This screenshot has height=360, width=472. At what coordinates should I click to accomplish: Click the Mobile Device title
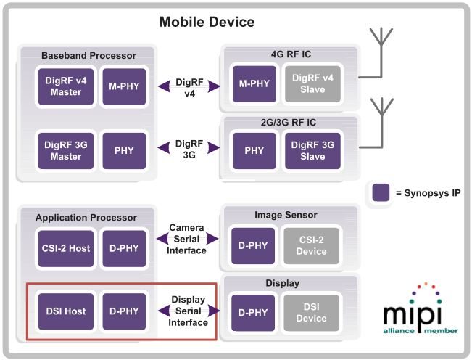207,22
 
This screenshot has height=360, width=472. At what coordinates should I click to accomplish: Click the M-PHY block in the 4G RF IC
254,84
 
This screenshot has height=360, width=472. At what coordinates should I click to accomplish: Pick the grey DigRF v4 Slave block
313,84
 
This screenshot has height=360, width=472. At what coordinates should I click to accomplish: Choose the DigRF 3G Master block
65,151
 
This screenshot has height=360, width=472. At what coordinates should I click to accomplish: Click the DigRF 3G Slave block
313,150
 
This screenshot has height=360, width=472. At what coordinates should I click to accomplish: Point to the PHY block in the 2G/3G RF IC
254,150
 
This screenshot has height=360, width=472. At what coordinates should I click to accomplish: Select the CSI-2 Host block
65,248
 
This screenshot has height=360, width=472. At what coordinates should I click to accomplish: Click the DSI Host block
65,312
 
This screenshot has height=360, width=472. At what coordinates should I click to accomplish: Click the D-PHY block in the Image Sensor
253,245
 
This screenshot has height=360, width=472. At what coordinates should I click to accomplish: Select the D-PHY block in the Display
253,313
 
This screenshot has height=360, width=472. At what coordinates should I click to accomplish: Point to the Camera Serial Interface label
187,239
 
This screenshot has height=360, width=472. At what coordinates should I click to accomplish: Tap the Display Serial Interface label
188,311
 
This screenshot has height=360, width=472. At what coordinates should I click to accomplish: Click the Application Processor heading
86,217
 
